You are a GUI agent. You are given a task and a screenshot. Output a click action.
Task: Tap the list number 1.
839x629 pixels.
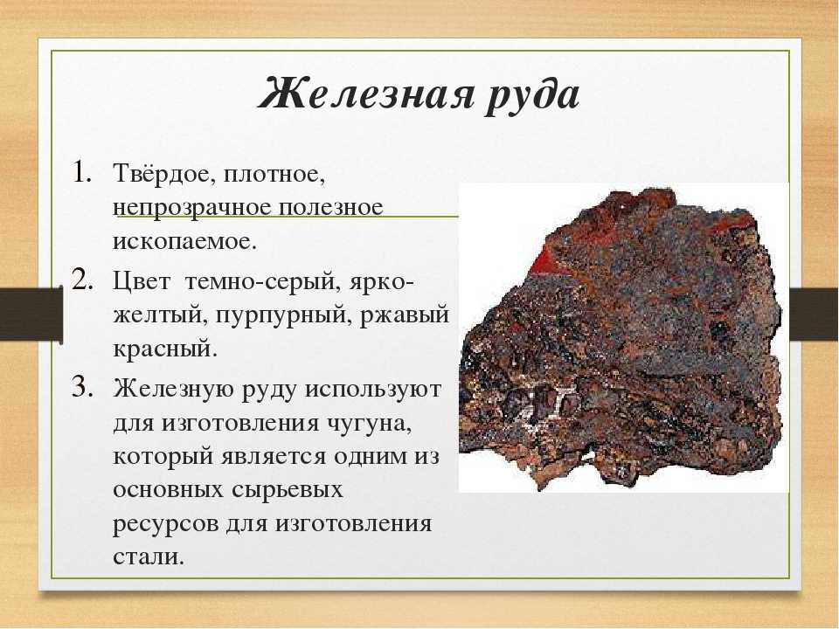81,172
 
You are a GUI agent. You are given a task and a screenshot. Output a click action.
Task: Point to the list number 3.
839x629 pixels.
80,387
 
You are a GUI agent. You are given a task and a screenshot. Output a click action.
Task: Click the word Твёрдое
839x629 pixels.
161,175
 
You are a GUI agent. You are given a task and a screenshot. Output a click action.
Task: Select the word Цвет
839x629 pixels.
142,282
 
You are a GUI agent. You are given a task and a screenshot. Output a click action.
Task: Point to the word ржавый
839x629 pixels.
405,315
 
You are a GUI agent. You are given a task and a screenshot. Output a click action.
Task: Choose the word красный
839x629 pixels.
165,349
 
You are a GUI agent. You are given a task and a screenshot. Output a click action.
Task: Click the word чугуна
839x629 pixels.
368,424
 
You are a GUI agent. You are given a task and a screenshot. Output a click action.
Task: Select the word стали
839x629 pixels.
149,556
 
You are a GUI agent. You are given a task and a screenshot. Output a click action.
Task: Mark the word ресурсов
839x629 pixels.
166,523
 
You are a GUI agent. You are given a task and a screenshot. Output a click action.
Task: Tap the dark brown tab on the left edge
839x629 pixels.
31,315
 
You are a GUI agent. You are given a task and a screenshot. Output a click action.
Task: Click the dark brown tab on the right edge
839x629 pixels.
813,314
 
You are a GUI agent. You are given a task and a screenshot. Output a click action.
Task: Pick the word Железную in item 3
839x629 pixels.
177,390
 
